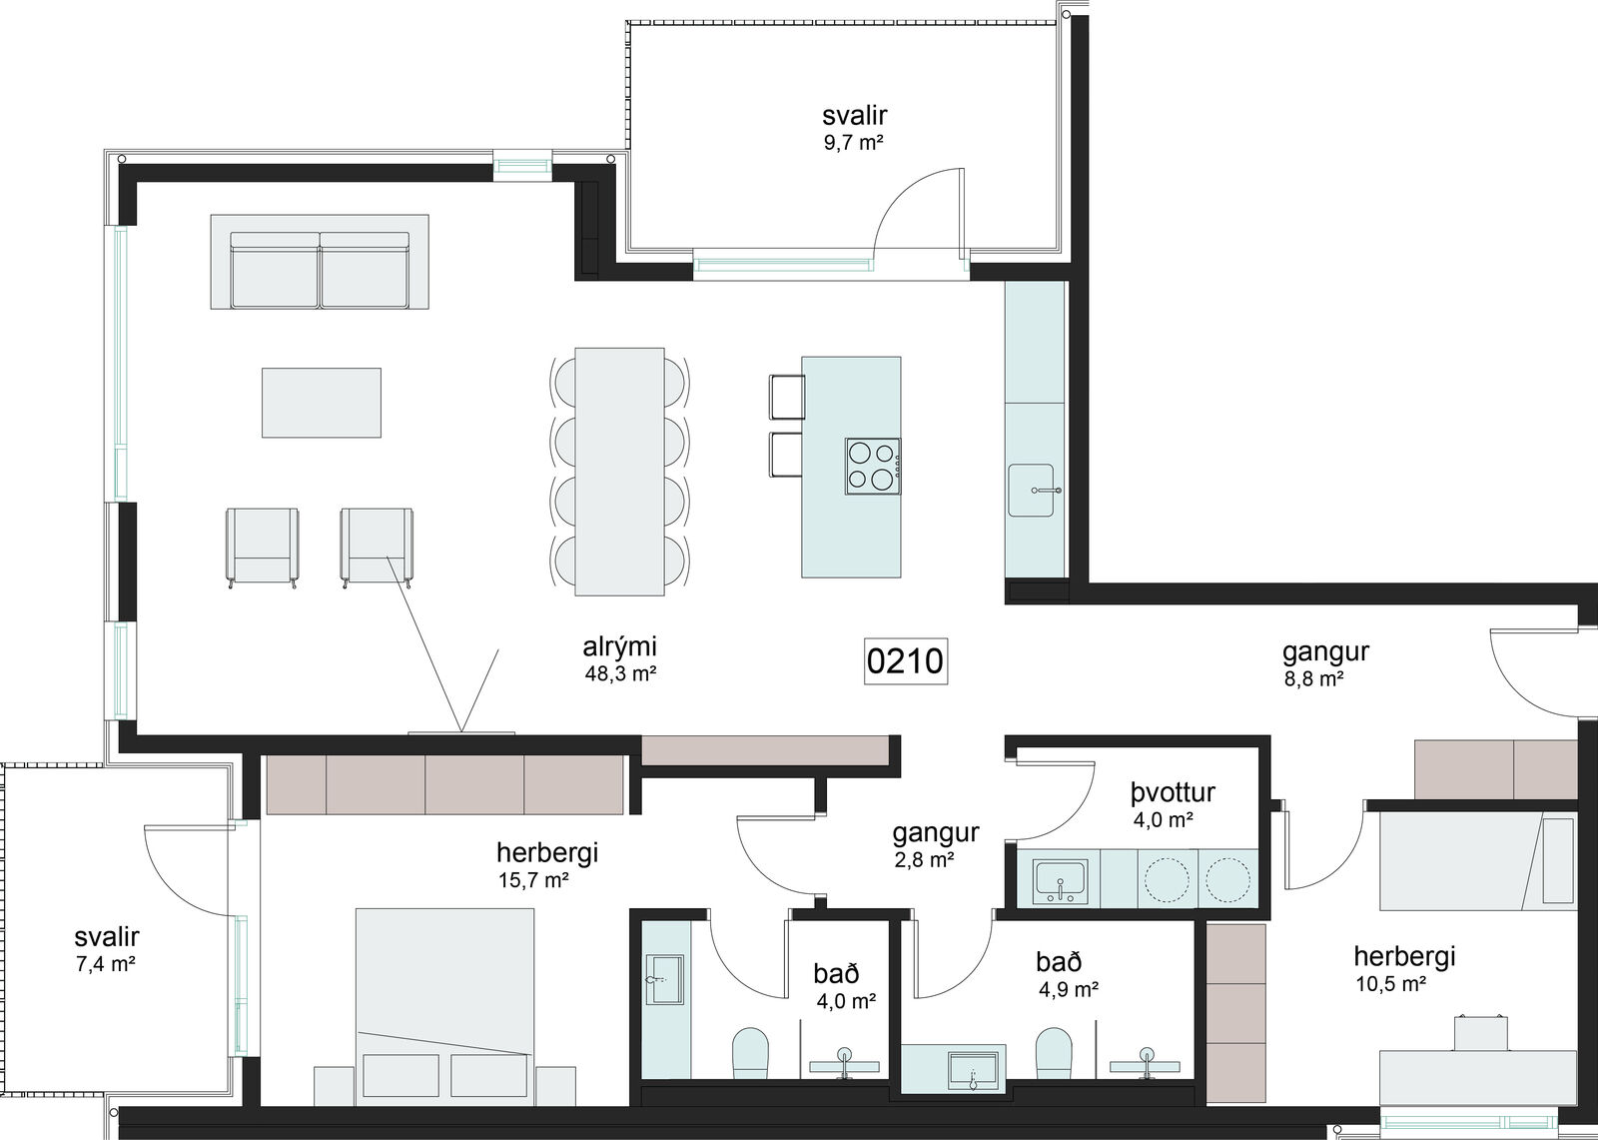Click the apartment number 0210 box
coord(905,661)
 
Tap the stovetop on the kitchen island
coord(873,467)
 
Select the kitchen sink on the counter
coord(1032,490)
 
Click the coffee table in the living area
coord(321,403)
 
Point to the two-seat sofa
coord(320,262)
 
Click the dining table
coord(619,472)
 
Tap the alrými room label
coord(619,646)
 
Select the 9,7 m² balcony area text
coord(854,143)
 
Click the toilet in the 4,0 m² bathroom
coord(750,1054)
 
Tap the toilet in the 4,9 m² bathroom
coord(1053,1054)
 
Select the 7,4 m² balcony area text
coord(106,964)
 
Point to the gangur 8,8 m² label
coord(1324,663)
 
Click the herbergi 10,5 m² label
coord(1404,969)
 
